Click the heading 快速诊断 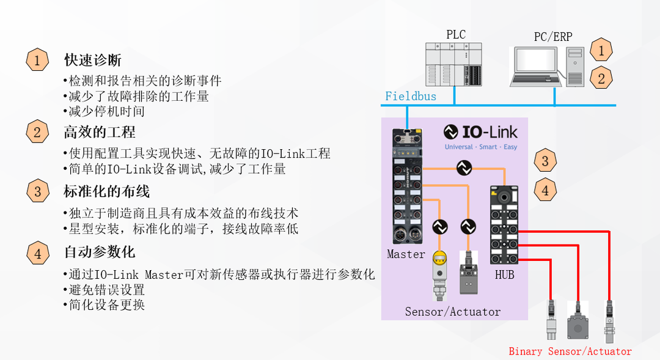[93, 60]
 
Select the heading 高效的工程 [100, 132]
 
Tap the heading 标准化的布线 [107, 191]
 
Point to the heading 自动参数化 [100, 252]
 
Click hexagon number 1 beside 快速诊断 [37, 60]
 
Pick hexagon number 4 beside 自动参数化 [37, 252]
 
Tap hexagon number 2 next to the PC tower [601, 78]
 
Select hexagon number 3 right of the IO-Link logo [545, 161]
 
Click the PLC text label [456, 35]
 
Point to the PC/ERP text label [553, 37]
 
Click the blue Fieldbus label [411, 96]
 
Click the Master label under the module [406, 254]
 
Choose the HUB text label [505, 275]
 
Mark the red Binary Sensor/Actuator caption [570, 351]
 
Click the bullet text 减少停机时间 [106, 111]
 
